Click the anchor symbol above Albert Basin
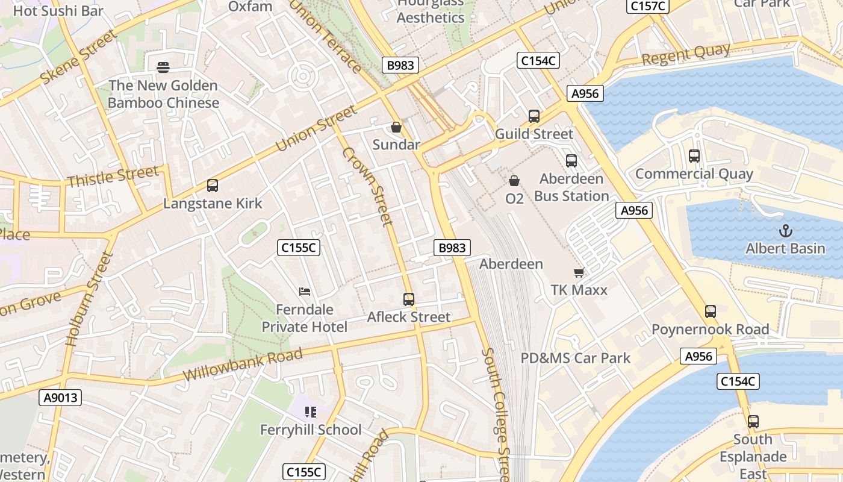785,230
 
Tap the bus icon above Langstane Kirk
212,186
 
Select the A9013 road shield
61,398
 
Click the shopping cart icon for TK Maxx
579,272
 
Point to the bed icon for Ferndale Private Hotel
305,292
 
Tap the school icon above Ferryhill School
311,412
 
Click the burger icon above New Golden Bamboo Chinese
163,67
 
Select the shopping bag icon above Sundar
396,127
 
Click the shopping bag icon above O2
514,180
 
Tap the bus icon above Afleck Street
408,299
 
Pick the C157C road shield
648,6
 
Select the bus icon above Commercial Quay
694,156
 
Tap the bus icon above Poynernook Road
710,311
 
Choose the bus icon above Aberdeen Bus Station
571,161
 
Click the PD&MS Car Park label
575,358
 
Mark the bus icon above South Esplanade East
753,422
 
